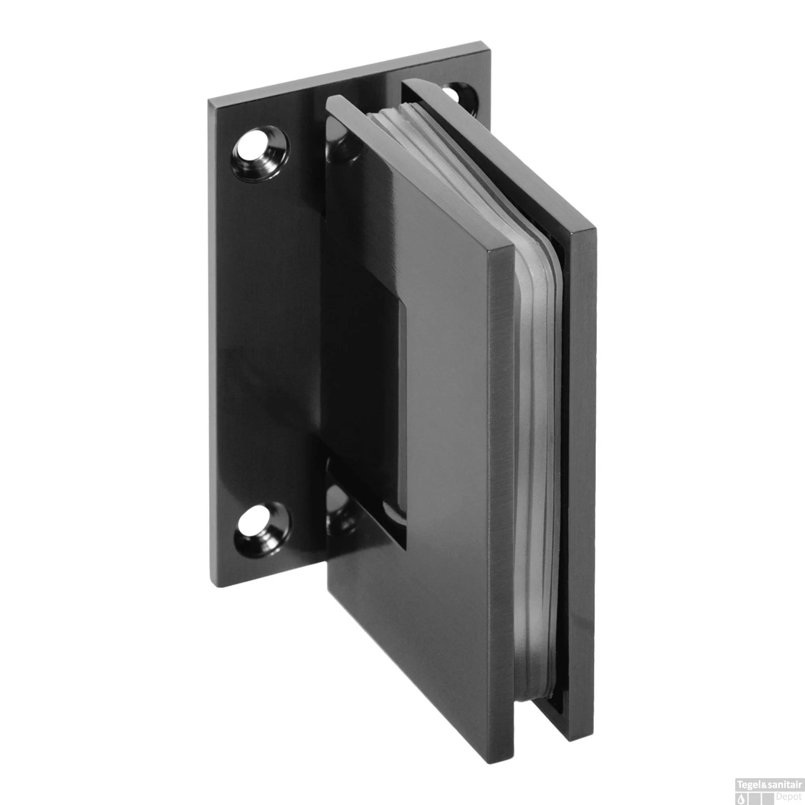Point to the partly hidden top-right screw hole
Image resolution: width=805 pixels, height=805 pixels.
457,92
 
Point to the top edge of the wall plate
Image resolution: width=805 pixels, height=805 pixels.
349,72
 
